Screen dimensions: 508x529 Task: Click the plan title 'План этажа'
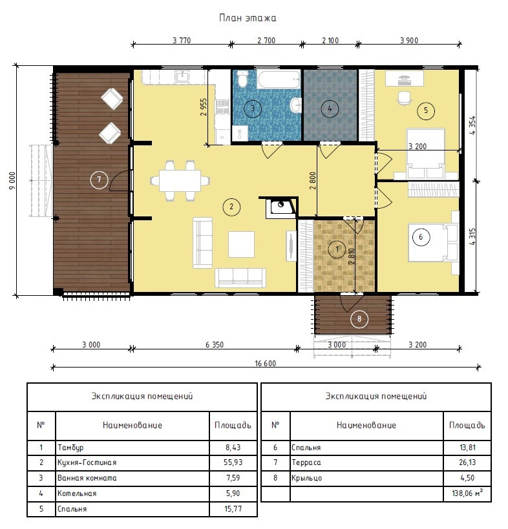click(x=248, y=18)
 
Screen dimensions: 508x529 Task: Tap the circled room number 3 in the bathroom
click(x=253, y=109)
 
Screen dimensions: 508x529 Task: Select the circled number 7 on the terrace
click(x=100, y=180)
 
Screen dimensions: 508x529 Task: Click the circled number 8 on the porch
click(x=359, y=319)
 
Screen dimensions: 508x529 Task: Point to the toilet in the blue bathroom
click(x=242, y=79)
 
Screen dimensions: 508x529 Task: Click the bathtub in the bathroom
click(x=279, y=79)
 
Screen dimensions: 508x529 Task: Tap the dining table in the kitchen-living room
click(x=180, y=181)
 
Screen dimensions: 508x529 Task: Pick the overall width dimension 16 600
click(x=265, y=364)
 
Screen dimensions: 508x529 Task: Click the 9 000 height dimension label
click(x=12, y=180)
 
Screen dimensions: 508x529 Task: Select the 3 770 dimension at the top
click(x=182, y=41)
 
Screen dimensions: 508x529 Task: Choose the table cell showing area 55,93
click(x=233, y=462)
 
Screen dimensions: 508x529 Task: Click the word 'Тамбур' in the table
click(x=70, y=448)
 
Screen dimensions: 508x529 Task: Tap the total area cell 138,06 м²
click(x=467, y=493)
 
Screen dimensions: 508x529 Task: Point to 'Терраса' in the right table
click(x=306, y=462)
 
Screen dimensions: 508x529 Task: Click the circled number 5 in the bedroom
click(x=426, y=110)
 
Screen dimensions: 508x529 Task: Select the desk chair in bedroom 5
click(x=405, y=98)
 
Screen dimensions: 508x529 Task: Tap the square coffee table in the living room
click(x=241, y=244)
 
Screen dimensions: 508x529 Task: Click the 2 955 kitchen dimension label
click(x=203, y=107)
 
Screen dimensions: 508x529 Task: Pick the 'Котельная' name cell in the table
click(x=77, y=493)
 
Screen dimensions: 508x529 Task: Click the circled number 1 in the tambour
click(x=337, y=249)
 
